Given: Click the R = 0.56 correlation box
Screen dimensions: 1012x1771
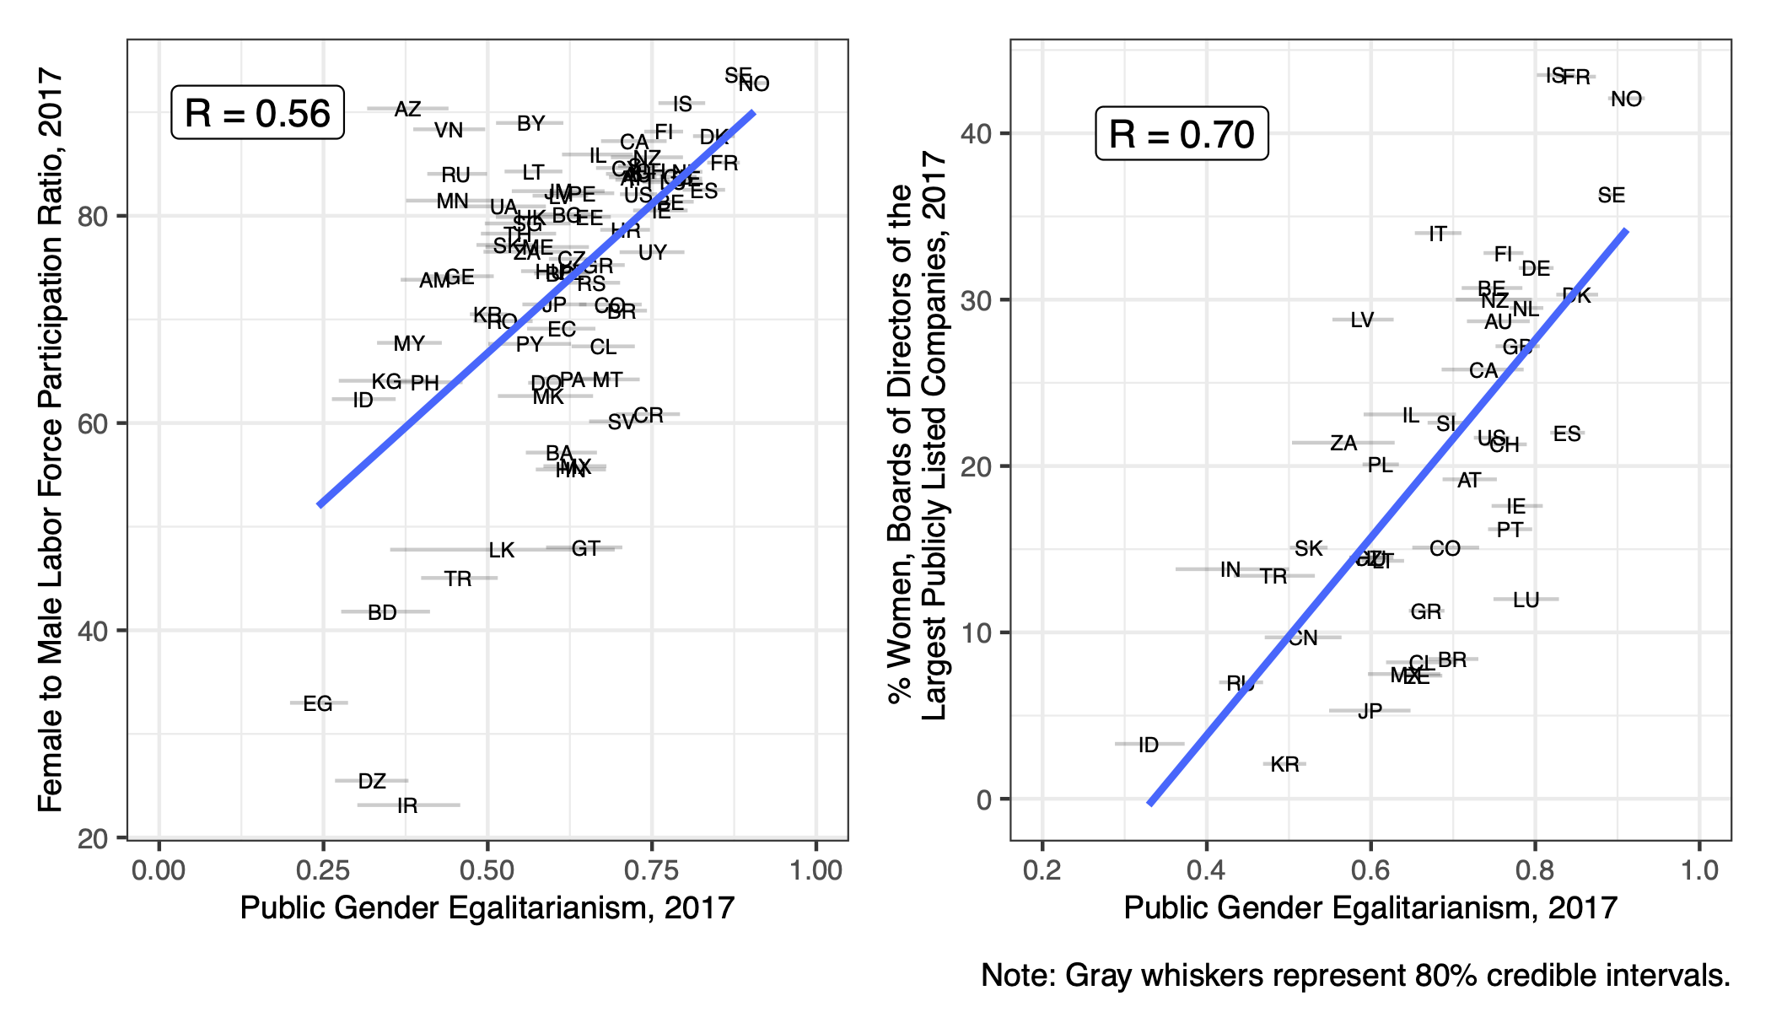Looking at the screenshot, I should (x=257, y=113).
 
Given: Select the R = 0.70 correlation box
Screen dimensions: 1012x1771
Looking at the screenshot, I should (x=1182, y=134).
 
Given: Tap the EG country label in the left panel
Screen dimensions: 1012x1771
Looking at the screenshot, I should (x=318, y=703).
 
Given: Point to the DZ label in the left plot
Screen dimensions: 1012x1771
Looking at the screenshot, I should (x=372, y=781).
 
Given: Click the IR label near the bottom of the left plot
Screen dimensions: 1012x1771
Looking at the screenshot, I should (x=407, y=805).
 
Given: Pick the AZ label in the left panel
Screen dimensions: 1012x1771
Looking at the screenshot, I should (x=407, y=109).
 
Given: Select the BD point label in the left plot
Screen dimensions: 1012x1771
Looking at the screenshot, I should (x=382, y=612).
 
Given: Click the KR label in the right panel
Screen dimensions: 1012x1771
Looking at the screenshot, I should (x=1284, y=764).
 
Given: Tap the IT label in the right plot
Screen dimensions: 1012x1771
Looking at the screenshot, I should (x=1438, y=234).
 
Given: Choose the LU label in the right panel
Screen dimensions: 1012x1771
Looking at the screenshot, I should (x=1526, y=600).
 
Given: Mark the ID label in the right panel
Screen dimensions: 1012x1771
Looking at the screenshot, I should (x=1149, y=745).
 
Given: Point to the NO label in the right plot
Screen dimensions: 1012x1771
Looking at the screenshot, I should (x=1626, y=100).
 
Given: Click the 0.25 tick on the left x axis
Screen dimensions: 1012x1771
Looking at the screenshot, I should (x=323, y=869).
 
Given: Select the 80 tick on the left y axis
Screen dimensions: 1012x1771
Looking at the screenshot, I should (x=93, y=216).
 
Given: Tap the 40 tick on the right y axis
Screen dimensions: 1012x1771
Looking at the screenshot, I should (x=977, y=133).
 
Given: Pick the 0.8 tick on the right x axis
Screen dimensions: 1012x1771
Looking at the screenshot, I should (x=1535, y=869).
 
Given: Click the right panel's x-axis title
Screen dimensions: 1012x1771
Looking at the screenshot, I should (x=1370, y=907).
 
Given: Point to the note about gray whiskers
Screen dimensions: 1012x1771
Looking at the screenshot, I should (x=1355, y=975).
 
